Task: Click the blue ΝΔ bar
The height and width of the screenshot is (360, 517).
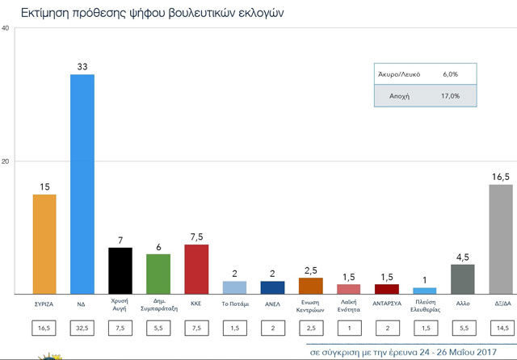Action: pos(82,184)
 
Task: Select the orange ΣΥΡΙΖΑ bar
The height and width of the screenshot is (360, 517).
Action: pos(44,244)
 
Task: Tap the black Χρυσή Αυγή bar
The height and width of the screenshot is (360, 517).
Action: pos(120,270)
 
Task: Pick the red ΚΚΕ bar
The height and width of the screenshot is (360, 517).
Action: pos(197,269)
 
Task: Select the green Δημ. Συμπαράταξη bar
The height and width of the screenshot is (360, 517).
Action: pos(158,274)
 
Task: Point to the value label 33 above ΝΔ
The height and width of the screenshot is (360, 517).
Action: pos(82,67)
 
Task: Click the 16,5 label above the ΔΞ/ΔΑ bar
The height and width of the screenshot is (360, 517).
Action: pos(502,177)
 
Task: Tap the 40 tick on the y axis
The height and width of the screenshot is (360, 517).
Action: pos(6,29)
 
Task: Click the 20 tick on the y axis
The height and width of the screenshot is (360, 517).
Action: pos(6,161)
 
